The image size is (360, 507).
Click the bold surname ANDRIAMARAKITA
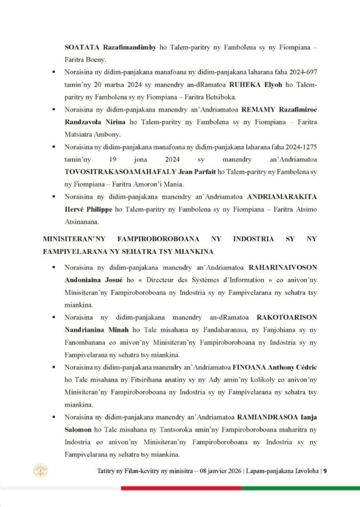(281, 197)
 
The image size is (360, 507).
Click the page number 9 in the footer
(325, 471)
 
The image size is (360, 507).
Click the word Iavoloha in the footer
(303, 471)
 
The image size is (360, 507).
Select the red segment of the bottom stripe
(181, 488)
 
